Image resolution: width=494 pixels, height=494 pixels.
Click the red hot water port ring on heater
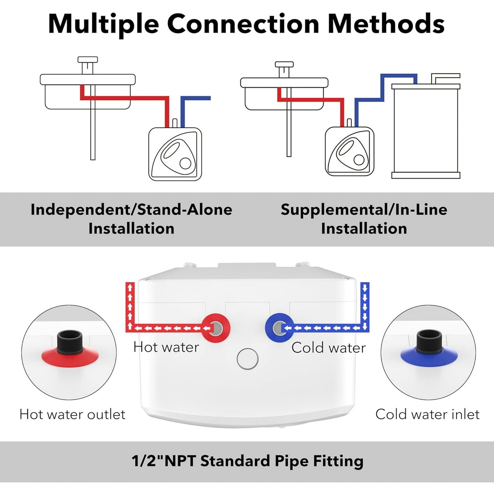[x=215, y=328]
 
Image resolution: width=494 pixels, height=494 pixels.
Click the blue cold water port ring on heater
[x=279, y=328]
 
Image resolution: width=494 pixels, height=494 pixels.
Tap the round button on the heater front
[x=248, y=359]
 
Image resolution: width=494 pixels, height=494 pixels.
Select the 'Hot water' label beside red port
[x=166, y=347]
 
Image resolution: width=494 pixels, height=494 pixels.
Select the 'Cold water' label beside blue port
[x=329, y=348]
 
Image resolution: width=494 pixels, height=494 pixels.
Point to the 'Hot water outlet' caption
[x=72, y=414]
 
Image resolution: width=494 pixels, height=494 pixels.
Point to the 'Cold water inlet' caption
[x=427, y=414]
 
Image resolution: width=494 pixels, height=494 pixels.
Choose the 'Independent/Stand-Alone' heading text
[x=131, y=210]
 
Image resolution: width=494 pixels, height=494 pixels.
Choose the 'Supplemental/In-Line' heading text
[x=364, y=210]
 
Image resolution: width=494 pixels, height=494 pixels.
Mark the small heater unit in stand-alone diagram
[x=175, y=154]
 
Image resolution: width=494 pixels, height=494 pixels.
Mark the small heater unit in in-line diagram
[x=349, y=151]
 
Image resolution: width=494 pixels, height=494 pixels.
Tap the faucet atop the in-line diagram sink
[x=284, y=68]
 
